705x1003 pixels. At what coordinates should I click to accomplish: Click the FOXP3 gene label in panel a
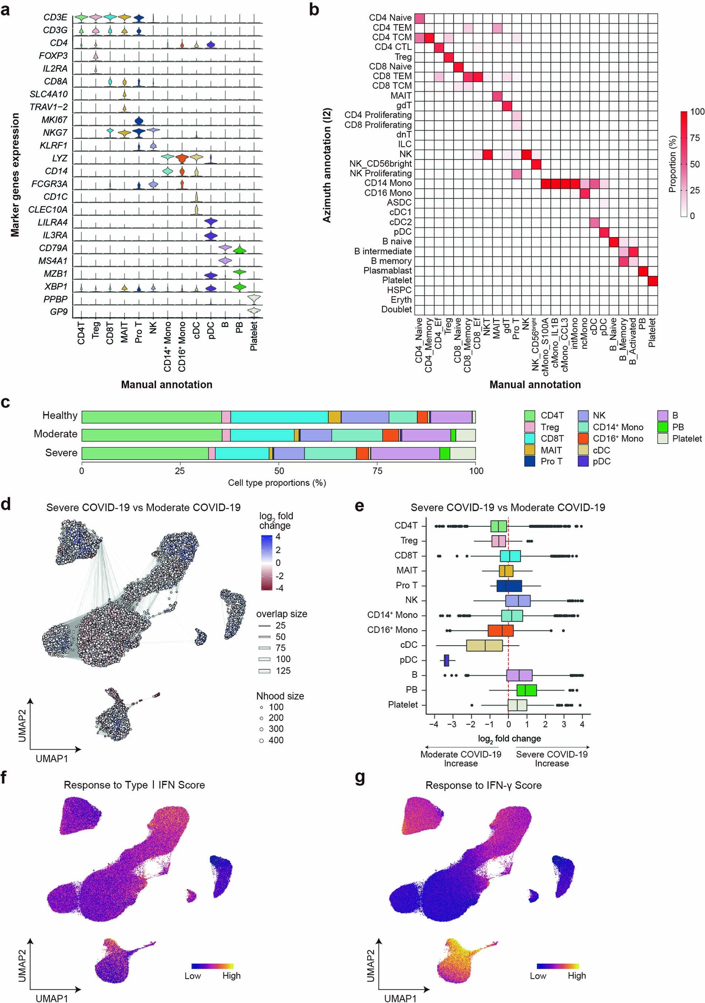53,55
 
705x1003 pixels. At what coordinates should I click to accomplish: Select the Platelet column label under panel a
254,336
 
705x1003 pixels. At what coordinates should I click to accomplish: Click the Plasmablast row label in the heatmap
387,270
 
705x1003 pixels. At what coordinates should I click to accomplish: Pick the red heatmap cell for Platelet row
652,280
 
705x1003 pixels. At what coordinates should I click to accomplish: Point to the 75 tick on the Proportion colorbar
694,138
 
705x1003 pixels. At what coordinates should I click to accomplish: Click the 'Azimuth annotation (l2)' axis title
327,165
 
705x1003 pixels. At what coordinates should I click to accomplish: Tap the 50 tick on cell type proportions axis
279,471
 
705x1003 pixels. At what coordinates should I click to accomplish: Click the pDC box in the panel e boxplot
446,660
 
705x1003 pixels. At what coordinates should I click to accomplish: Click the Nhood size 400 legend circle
261,740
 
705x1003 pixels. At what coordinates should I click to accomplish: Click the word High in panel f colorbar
231,976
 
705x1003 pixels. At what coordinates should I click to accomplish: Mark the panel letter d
6,505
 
